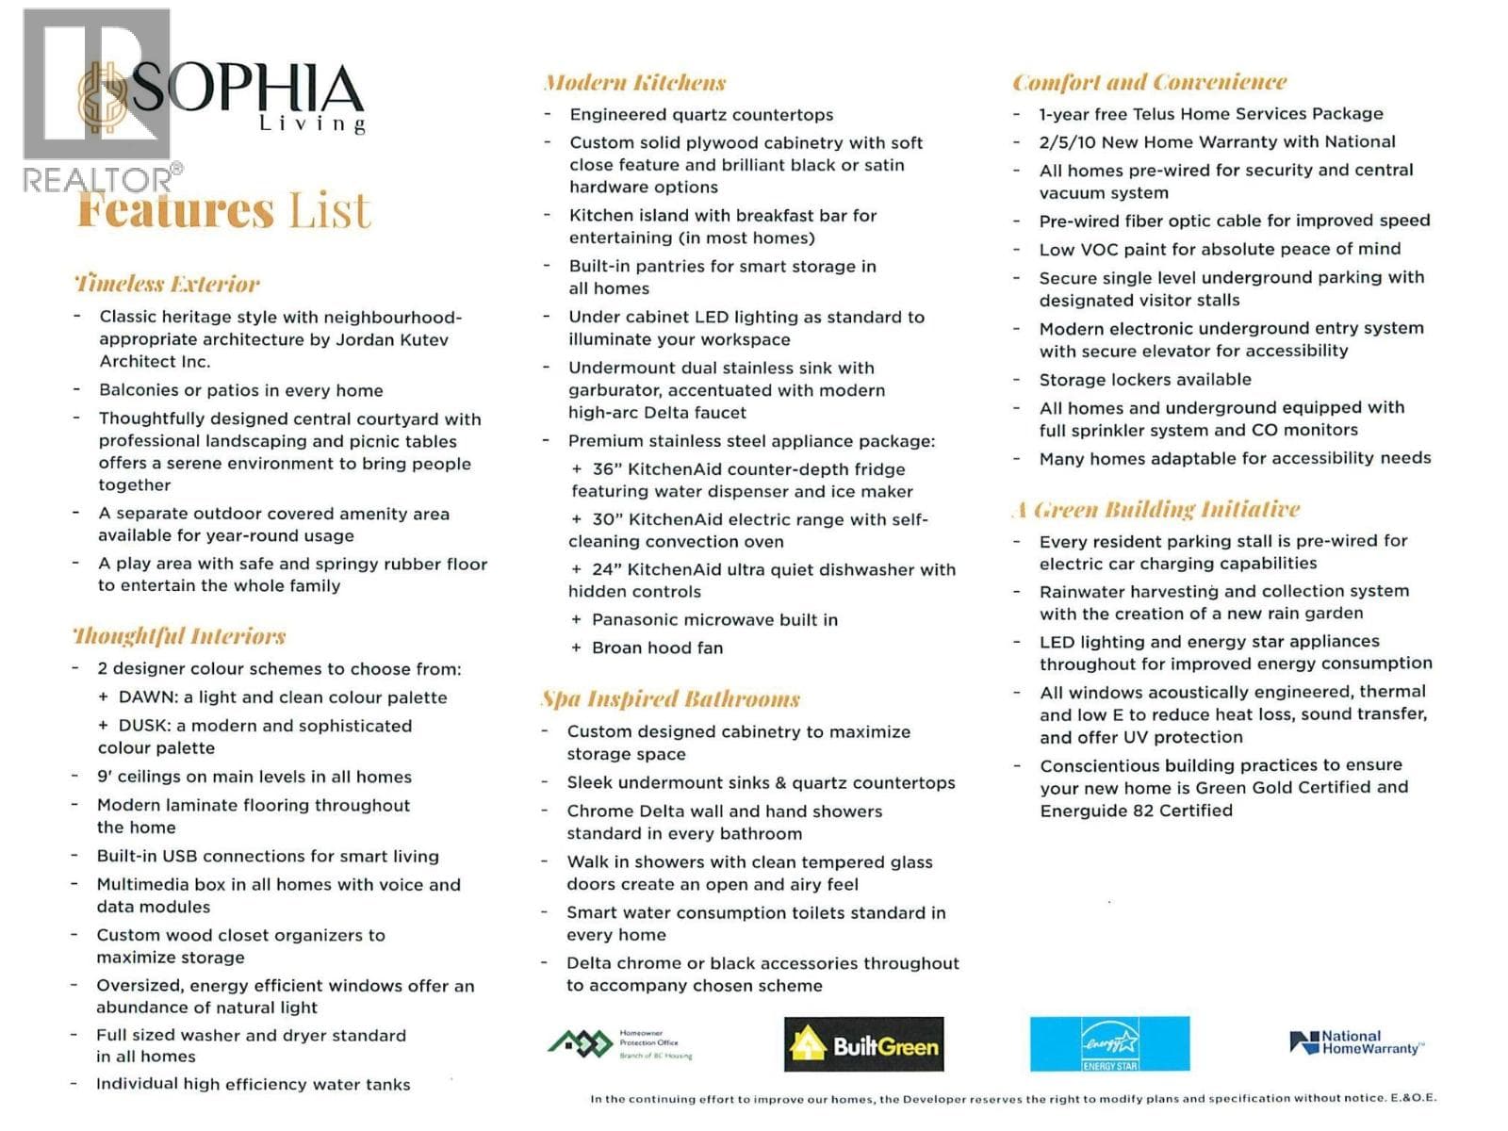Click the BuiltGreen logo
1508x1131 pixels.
tap(863, 1044)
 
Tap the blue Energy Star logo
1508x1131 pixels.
tap(1109, 1044)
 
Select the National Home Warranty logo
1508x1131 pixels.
tap(1357, 1042)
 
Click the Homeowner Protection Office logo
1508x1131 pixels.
tap(620, 1044)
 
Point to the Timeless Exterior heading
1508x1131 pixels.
tap(167, 284)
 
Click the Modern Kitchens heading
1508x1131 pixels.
tap(634, 83)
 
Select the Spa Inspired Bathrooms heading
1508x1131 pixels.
tap(670, 698)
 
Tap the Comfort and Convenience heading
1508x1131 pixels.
tap(1149, 82)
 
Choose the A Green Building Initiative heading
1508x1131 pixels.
tap(1156, 510)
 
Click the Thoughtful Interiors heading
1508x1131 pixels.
tap(179, 636)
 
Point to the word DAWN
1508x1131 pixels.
tap(148, 697)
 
